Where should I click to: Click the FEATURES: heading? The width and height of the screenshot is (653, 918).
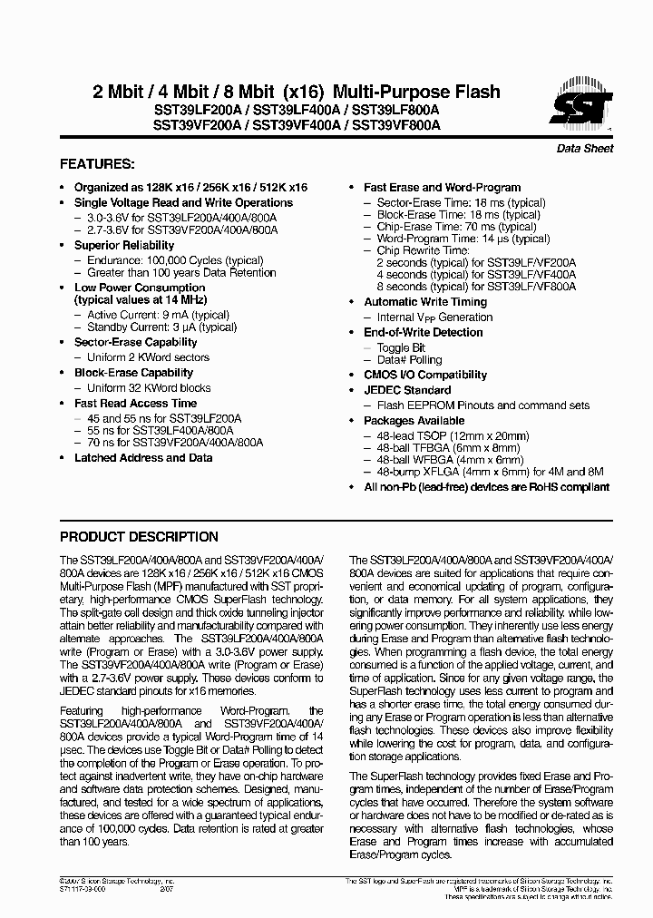97,165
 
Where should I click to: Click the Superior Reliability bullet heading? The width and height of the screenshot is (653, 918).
124,245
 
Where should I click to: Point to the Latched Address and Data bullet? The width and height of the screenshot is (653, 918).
143,458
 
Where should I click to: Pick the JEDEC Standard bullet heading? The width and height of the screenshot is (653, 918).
407,390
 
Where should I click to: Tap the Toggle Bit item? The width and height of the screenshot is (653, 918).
401,347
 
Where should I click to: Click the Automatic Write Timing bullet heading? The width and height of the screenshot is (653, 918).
424,302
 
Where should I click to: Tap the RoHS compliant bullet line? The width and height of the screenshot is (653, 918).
473,487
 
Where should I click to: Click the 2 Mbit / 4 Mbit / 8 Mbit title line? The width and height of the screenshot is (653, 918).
297,92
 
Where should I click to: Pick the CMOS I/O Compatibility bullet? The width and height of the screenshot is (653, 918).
424,375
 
